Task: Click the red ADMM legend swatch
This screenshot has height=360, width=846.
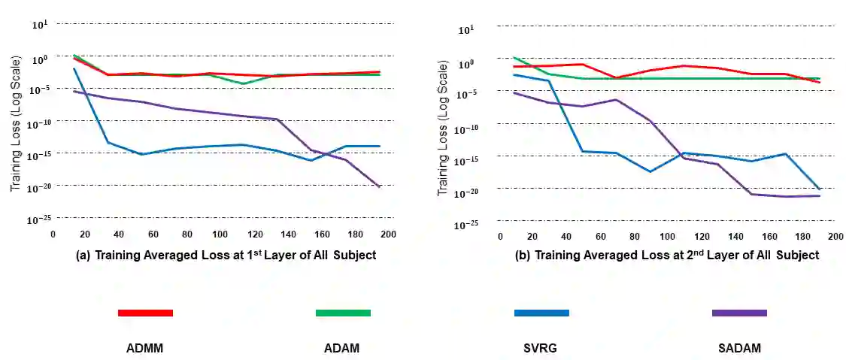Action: click(145, 313)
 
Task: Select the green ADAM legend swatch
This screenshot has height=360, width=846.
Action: click(343, 313)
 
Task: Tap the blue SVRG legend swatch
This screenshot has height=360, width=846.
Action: click(541, 313)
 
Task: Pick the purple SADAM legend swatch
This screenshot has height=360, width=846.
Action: click(739, 313)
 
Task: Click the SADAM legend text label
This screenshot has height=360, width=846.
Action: click(739, 348)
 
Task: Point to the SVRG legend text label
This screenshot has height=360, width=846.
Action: click(540, 348)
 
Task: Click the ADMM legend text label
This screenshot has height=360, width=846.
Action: click(145, 348)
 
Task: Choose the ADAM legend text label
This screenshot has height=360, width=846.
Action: click(341, 348)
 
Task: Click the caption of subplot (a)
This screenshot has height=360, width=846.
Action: click(226, 255)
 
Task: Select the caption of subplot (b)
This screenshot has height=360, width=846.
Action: click(667, 255)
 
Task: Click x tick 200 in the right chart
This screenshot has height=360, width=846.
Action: click(835, 237)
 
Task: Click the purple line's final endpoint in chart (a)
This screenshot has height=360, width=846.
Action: click(380, 186)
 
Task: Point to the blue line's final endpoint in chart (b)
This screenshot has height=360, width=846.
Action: click(819, 189)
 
